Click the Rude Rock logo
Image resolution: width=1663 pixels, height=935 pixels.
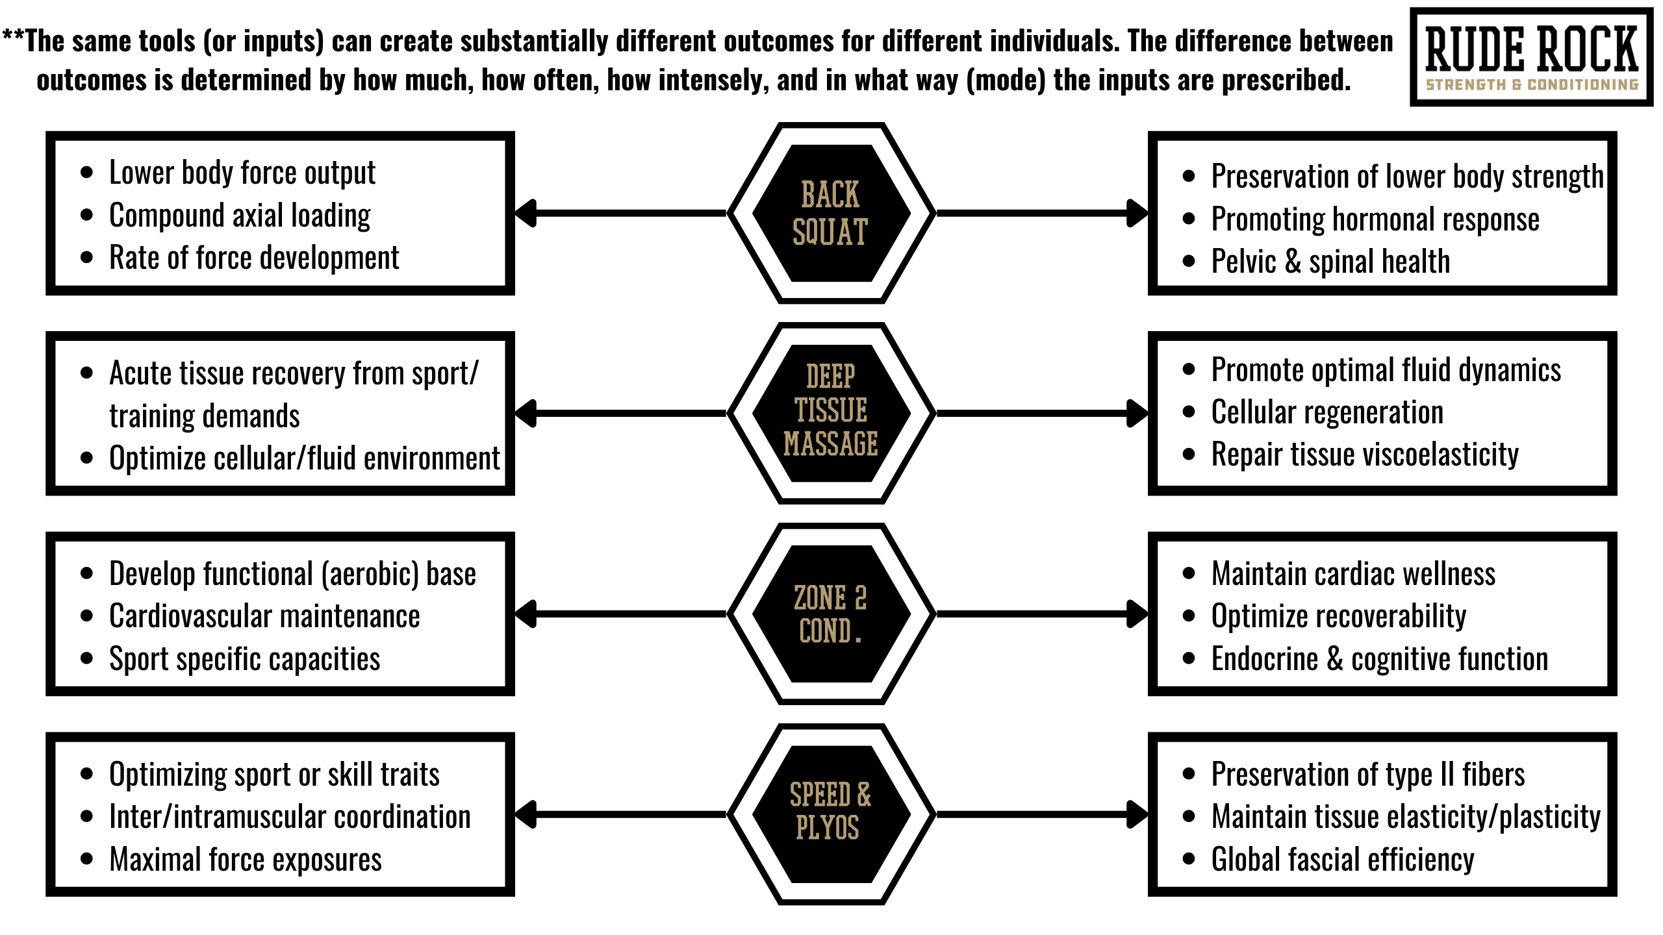tap(1531, 57)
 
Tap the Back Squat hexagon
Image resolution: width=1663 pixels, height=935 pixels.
tap(831, 213)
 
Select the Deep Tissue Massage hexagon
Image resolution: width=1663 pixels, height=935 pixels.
tap(831, 413)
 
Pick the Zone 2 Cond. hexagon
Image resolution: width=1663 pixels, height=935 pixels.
tap(831, 614)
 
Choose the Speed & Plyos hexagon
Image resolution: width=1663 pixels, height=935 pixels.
tap(831, 814)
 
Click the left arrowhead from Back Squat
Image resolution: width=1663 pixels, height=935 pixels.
tap(526, 213)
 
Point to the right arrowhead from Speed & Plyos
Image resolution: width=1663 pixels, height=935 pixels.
tap(1137, 814)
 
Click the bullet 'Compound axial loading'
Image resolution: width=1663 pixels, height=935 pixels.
tap(240, 216)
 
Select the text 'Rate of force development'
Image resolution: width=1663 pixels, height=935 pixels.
tap(254, 258)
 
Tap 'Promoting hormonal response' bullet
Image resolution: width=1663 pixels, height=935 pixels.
tap(1375, 219)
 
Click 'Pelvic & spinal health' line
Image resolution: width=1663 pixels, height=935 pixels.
tap(1330, 261)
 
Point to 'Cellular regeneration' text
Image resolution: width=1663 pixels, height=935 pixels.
tap(1327, 412)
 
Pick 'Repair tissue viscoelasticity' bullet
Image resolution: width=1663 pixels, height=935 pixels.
tap(1365, 455)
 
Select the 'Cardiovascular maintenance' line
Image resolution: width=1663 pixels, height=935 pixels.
tap(264, 616)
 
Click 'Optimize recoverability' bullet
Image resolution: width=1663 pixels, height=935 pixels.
tap(1339, 616)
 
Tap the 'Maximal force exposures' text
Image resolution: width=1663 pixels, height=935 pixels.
tap(246, 860)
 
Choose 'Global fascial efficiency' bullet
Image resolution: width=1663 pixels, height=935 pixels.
tap(1343, 860)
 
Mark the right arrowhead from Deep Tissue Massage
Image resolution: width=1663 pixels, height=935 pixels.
tap(1137, 413)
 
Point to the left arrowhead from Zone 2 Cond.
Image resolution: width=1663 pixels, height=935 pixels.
tap(526, 614)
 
